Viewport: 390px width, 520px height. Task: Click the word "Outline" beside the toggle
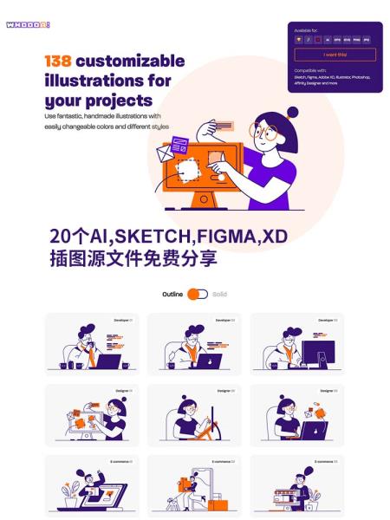172,295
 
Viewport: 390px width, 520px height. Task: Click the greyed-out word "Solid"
219,295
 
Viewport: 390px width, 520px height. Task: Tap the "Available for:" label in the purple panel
307,30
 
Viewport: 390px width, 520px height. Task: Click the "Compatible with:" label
311,70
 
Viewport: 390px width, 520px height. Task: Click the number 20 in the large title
61,237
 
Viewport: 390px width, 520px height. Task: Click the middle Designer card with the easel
194,415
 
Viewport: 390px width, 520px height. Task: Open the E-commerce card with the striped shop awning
297,486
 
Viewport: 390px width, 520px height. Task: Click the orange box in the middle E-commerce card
216,503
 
